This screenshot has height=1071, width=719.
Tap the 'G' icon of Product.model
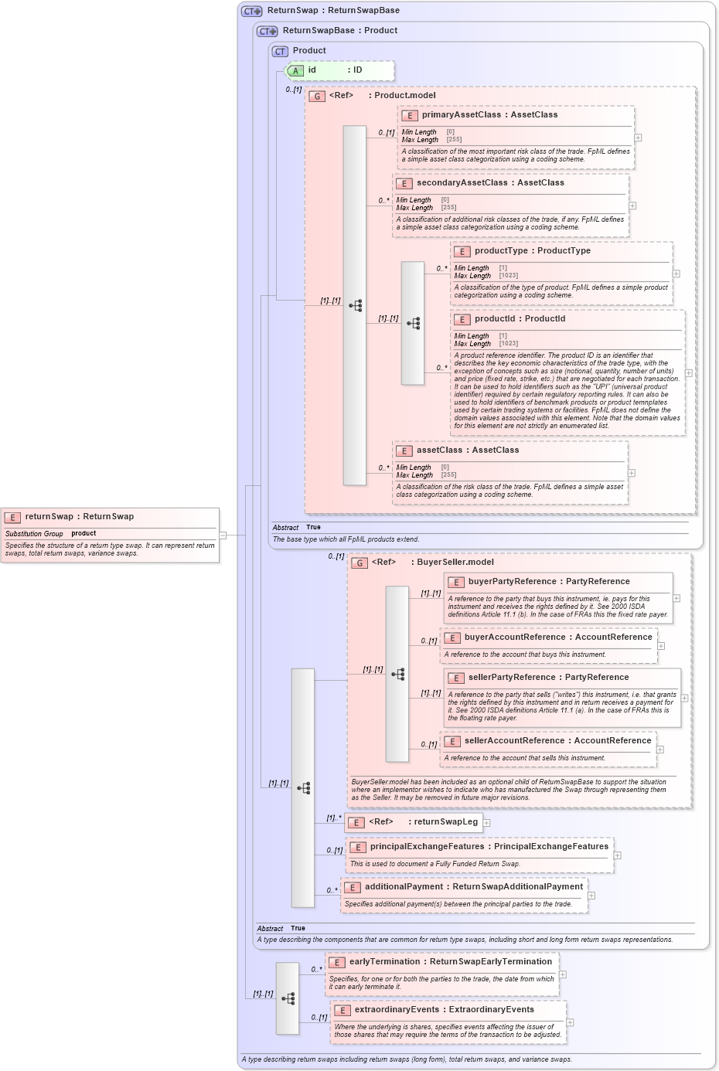(x=317, y=96)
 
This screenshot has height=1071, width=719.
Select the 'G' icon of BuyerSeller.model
(x=359, y=563)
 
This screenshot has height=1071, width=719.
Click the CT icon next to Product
(x=280, y=51)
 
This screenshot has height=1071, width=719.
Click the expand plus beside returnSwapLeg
(x=487, y=822)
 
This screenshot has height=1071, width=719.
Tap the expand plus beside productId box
(x=689, y=372)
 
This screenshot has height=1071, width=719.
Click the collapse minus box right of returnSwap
(x=223, y=535)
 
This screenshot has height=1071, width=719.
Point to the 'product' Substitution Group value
(x=83, y=533)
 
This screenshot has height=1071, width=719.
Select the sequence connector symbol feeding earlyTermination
(x=288, y=998)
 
